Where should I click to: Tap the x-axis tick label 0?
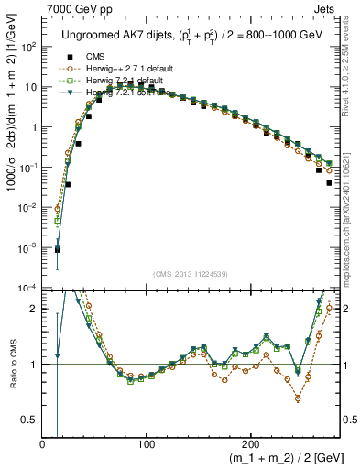[x=43, y=444]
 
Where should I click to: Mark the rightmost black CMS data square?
[x=329, y=183]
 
